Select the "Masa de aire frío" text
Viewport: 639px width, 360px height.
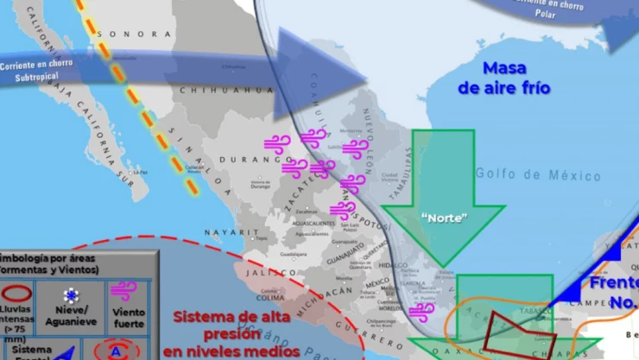(503, 78)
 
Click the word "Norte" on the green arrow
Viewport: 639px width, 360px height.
(444, 218)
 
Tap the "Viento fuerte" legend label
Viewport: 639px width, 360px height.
(130, 317)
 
